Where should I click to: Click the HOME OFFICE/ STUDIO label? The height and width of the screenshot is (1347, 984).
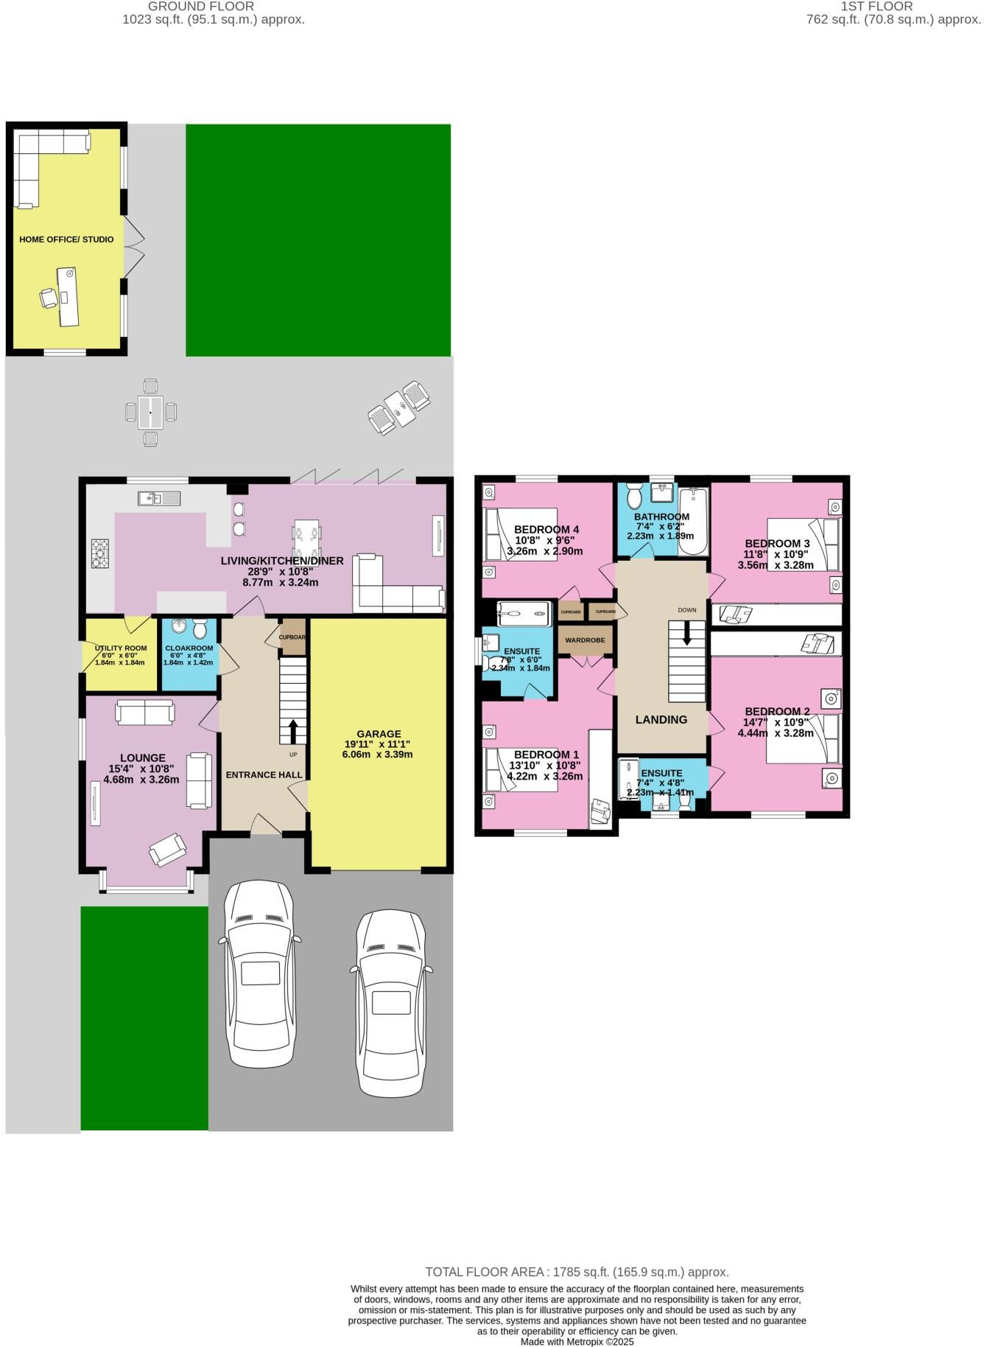coord(66,239)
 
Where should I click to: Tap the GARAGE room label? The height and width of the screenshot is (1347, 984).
coord(379,734)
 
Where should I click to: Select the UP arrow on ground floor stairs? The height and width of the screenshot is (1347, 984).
coord(293,732)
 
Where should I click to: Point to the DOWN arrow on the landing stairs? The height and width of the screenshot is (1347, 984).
coord(687,633)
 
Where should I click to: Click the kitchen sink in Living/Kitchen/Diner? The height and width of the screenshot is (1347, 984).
coord(159,499)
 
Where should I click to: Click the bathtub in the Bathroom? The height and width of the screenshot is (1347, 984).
coord(692,522)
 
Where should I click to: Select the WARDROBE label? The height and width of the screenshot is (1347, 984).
coord(585,640)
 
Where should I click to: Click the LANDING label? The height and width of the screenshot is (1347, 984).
coord(661,720)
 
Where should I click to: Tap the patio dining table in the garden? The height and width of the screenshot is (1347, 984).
coord(150,412)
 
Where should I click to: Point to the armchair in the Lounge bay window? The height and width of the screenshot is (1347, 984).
coord(167,850)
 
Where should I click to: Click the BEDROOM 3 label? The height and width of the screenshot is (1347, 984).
coord(777,544)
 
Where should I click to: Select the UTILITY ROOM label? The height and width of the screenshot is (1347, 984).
coord(121,648)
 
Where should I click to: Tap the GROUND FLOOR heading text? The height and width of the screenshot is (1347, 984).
coord(213,7)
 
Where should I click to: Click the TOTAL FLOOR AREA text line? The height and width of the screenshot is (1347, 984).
coord(577,1272)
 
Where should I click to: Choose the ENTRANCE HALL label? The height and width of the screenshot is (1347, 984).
coord(264,775)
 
